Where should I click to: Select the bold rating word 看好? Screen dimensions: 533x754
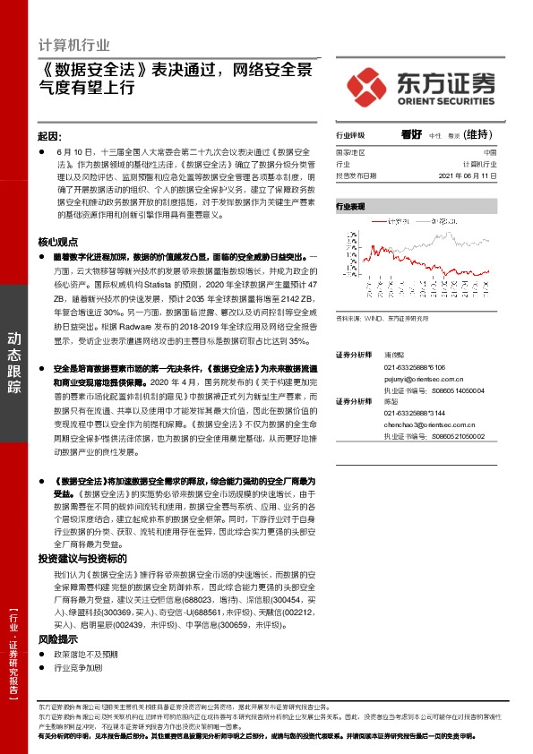pyautogui.click(x=411, y=135)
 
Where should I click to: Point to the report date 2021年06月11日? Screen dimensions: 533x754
pyautogui.click(x=469, y=176)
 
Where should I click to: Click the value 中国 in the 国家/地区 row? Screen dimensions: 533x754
pyautogui.click(x=489, y=152)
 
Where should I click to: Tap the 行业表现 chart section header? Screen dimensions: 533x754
pyautogui.click(x=351, y=206)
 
